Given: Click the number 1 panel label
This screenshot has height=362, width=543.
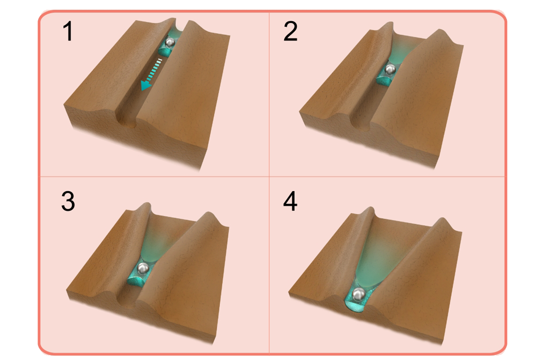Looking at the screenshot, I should click(67, 33).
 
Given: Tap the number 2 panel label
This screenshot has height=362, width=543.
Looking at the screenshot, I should click(291, 33).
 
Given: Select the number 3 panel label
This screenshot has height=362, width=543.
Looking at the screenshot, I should click(68, 202).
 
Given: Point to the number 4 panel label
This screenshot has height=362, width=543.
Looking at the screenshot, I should click(291, 202).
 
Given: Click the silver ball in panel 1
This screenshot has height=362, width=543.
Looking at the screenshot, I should click(171, 42).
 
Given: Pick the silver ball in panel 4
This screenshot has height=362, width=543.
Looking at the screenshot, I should click(360, 293).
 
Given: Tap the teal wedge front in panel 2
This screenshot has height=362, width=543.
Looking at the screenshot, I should click(384, 79).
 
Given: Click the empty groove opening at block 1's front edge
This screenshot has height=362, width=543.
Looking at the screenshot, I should click(126, 120).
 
